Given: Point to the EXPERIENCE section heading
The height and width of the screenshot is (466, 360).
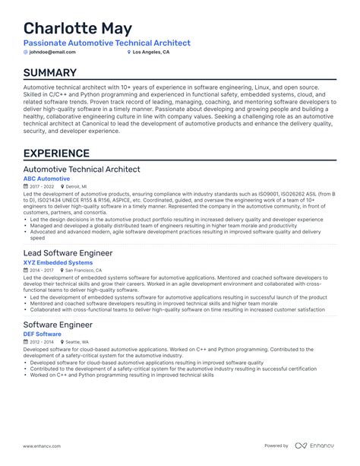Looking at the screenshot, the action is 56,154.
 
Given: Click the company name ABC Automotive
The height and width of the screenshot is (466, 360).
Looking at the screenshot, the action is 46,179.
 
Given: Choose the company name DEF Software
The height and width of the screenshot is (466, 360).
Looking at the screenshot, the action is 43,334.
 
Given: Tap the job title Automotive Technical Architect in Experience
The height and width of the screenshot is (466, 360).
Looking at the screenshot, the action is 82,169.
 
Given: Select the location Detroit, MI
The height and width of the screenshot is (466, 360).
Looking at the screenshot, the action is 76,186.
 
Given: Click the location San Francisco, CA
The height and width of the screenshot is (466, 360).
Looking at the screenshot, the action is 84,270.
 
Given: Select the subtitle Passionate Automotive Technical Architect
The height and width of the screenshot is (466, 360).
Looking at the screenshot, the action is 107,43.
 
